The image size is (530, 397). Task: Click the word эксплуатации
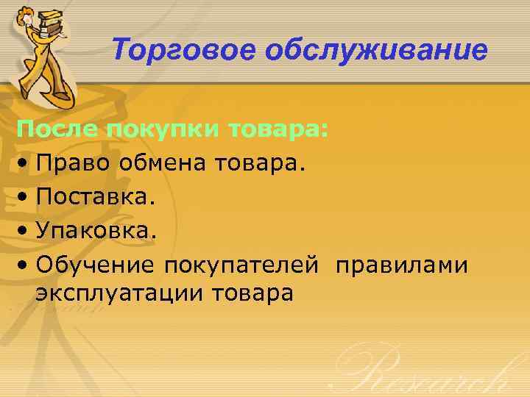[119, 293]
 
